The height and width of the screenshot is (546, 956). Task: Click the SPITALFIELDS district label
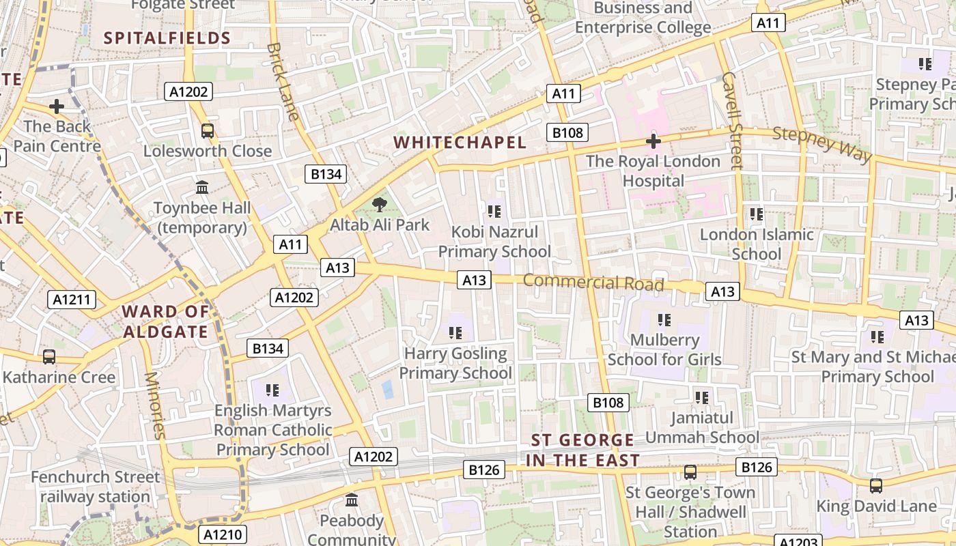click(167, 38)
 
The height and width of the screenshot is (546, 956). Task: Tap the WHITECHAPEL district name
click(460, 142)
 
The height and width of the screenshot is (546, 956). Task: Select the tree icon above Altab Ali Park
click(380, 204)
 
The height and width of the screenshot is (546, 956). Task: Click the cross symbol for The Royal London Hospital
click(653, 141)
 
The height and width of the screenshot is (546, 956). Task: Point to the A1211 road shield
click(72, 299)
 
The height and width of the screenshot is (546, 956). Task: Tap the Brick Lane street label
click(283, 81)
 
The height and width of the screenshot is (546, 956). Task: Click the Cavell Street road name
click(731, 120)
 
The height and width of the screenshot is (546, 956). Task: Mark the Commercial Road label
click(593, 281)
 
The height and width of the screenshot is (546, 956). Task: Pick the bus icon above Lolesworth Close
click(207, 131)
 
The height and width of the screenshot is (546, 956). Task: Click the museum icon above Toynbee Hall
click(202, 187)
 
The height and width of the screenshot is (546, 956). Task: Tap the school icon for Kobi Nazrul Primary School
click(494, 212)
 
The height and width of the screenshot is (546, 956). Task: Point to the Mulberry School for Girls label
click(664, 349)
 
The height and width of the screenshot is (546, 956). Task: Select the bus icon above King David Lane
click(876, 486)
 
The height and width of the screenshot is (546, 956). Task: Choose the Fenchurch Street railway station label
click(95, 487)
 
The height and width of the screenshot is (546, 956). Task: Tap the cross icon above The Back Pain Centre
click(57, 106)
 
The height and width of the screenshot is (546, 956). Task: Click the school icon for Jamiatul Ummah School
click(701, 397)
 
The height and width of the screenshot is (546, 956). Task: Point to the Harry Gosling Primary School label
click(455, 363)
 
